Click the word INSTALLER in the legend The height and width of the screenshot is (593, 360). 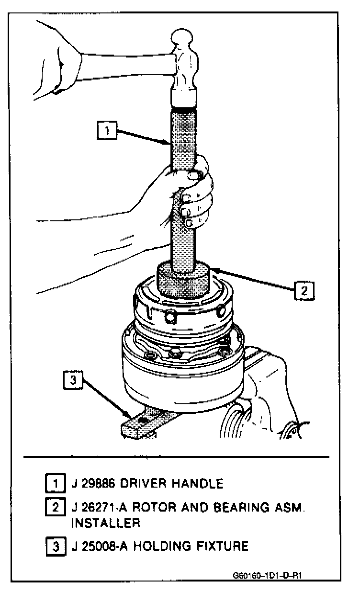(x=105, y=523)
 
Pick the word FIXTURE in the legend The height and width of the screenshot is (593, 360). (x=222, y=546)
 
